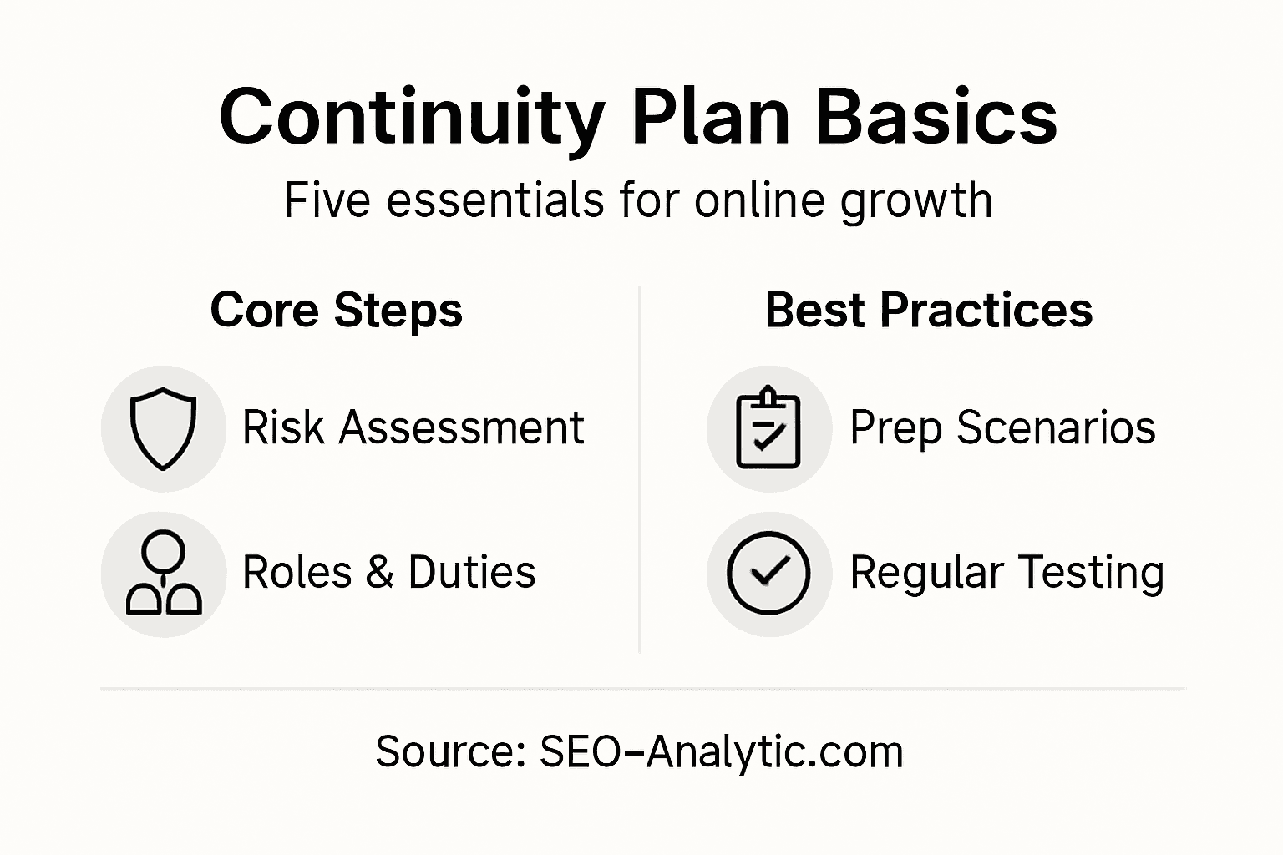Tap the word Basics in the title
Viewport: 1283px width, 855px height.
pos(936,117)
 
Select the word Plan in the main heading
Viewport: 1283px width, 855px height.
pos(711,117)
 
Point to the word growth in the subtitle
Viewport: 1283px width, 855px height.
pos(916,202)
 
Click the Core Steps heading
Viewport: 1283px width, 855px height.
pos(336,311)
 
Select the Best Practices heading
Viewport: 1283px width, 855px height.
pos(928,311)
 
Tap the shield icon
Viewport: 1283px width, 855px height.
pos(164,428)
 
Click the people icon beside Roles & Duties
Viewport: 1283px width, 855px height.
pos(164,574)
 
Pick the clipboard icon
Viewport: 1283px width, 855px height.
pos(768,428)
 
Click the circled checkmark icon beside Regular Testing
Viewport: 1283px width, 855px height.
pos(768,574)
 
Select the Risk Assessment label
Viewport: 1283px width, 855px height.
pos(413,428)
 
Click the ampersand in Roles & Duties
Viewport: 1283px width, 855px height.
pos(380,573)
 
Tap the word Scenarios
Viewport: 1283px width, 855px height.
pos(1056,428)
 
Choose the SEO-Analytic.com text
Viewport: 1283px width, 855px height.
pos(721,751)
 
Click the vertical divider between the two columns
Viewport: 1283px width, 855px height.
pos(640,468)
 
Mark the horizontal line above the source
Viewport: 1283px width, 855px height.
pos(641,689)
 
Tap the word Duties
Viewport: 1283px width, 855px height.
pos(471,573)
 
